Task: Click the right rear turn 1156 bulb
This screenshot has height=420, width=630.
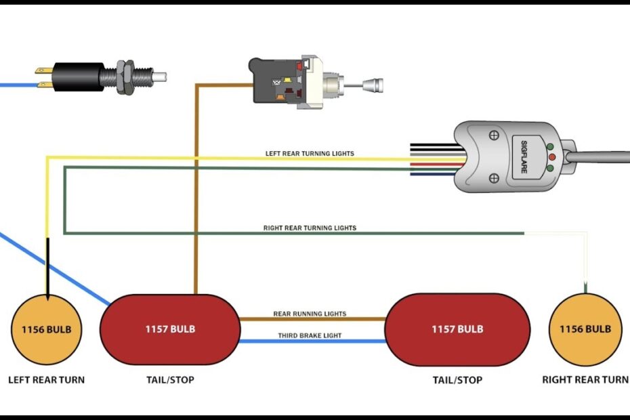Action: tap(584, 330)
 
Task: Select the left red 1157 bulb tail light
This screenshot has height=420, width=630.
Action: tap(170, 329)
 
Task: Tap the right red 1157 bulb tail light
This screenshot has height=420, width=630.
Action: tap(457, 329)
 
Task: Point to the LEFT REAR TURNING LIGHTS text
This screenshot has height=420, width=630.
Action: tap(310, 154)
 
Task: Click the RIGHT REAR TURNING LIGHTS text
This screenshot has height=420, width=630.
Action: tap(310, 228)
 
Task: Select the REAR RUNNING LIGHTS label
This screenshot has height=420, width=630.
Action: tap(310, 314)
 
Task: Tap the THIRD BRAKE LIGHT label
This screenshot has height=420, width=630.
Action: tap(310, 335)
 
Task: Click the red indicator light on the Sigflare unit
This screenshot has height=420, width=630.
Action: tap(551, 157)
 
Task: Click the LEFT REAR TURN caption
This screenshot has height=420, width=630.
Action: tap(46, 380)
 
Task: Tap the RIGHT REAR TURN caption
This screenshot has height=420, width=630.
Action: tap(585, 380)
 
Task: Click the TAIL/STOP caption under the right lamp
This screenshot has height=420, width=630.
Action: tap(457, 380)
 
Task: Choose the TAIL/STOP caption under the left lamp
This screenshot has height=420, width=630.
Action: tap(170, 380)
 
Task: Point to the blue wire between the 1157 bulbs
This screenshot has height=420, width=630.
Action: tap(312, 341)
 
